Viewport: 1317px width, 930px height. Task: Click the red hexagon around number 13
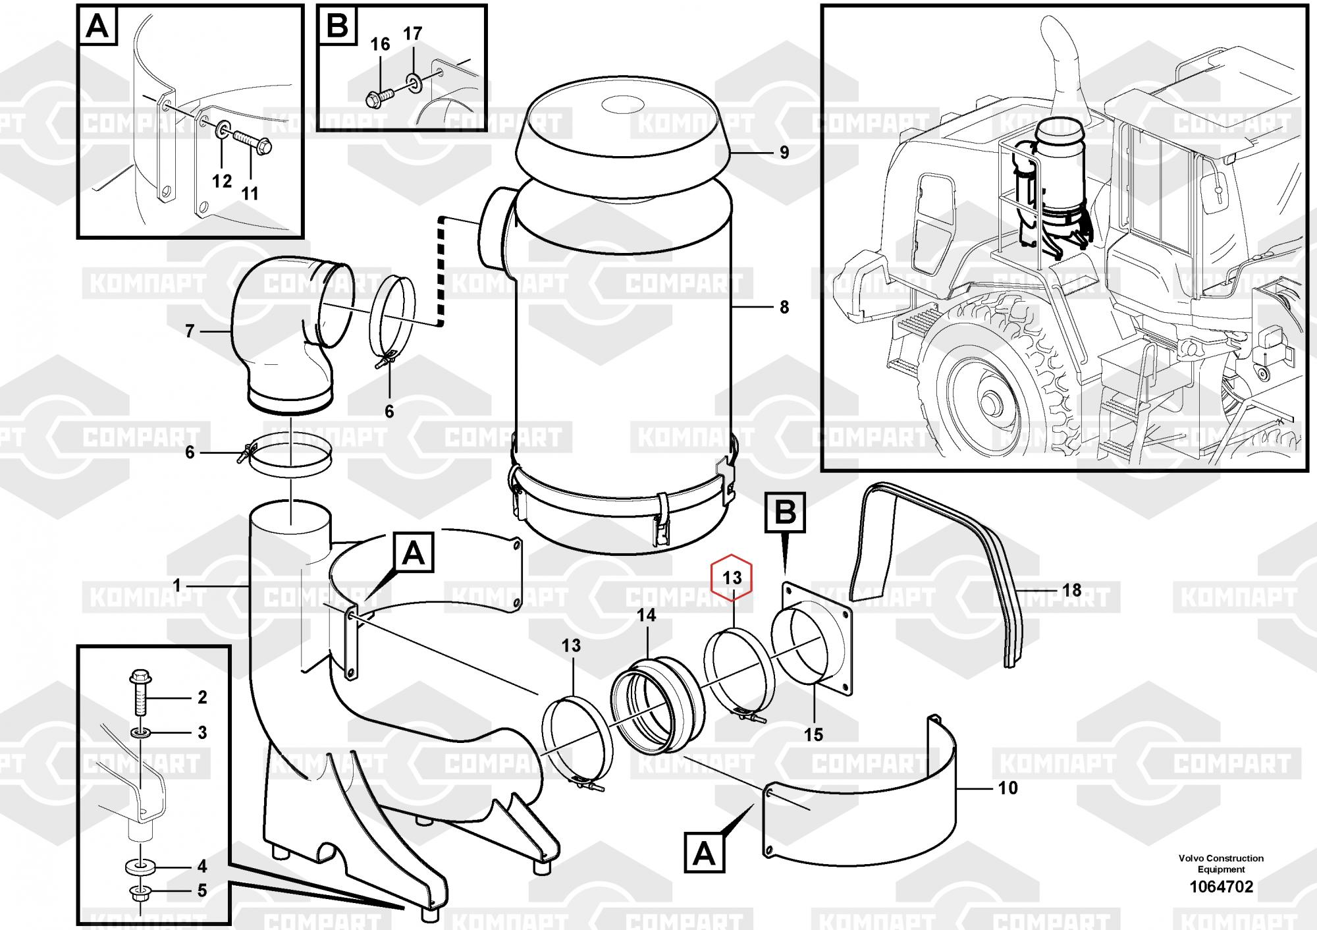(732, 578)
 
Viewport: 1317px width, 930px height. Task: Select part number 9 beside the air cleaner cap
(784, 153)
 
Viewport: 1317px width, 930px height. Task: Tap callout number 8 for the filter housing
(784, 307)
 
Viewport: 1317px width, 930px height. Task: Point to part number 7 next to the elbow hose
(190, 331)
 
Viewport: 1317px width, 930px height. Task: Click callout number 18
(1072, 590)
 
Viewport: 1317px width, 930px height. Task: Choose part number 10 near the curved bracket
(1008, 788)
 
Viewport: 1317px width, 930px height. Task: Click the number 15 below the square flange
(814, 734)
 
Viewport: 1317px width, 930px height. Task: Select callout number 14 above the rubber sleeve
(647, 615)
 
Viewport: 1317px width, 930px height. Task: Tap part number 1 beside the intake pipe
(176, 585)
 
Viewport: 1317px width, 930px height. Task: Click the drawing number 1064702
(1221, 887)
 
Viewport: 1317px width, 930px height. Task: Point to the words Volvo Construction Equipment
(1221, 863)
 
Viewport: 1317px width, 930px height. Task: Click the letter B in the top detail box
(337, 28)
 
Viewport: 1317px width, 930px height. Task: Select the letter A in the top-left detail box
(98, 28)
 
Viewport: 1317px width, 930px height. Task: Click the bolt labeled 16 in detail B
(377, 97)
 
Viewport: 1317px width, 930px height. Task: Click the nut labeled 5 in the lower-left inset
(140, 893)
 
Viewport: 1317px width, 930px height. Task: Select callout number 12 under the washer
(222, 180)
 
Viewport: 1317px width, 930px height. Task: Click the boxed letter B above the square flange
(785, 512)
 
